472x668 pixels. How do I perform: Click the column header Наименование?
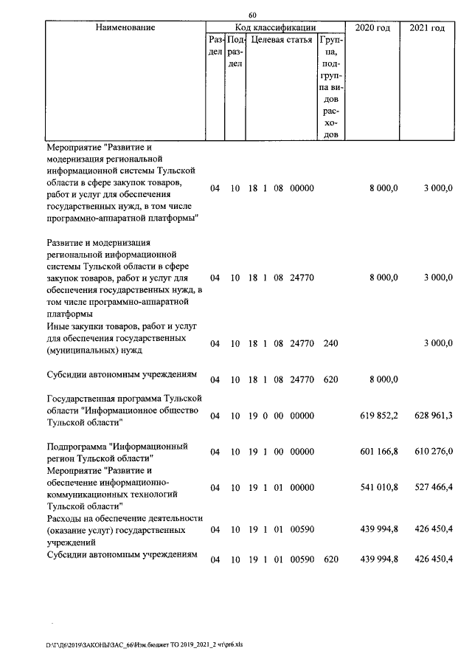click(125, 28)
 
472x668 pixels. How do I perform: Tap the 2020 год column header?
click(373, 28)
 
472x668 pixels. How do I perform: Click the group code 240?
click(330, 344)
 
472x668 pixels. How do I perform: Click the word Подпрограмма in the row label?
click(76, 447)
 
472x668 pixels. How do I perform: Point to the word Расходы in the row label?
click(64, 519)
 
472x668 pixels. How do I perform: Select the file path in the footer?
click(144, 644)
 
